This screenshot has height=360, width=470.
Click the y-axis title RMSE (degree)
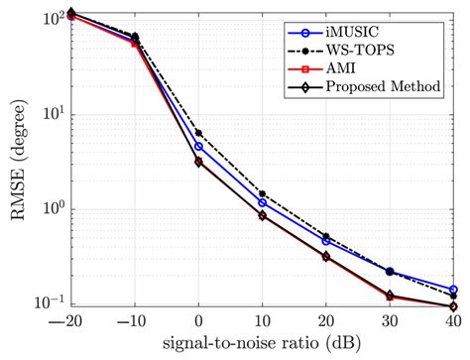[19, 159]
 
